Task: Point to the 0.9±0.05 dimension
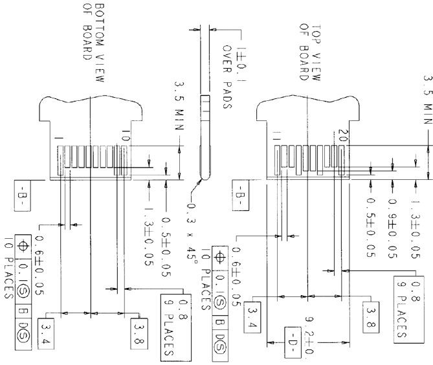pyautogui.click(x=392, y=222)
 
